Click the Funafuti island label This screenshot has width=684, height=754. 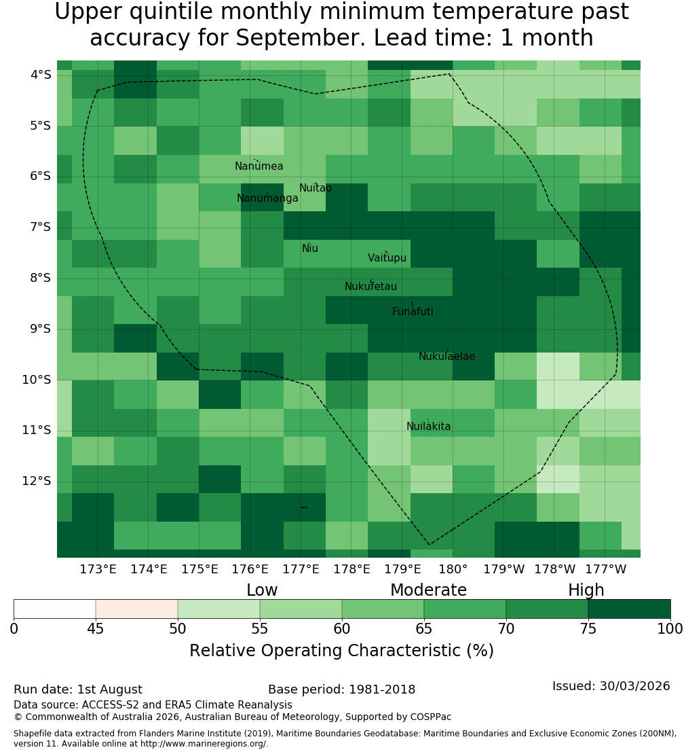pyautogui.click(x=413, y=312)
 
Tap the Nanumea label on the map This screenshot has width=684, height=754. pyautogui.click(x=259, y=166)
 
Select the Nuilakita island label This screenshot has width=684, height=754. pyautogui.click(x=428, y=427)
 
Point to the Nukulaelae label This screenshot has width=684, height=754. pyautogui.click(x=446, y=357)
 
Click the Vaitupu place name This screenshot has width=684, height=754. pyautogui.click(x=387, y=258)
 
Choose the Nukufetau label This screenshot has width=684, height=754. pyautogui.click(x=370, y=287)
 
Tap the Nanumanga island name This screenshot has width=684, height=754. pyautogui.click(x=267, y=198)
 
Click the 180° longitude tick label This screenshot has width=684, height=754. pyautogui.click(x=453, y=569)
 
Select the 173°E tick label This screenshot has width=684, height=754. pyautogui.click(x=98, y=569)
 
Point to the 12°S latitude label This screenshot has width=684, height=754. pyautogui.click(x=37, y=481)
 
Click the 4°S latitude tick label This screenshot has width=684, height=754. pyautogui.click(x=41, y=75)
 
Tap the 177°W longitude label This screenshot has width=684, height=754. pyautogui.click(x=606, y=569)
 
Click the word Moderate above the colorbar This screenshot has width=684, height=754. pyautogui.click(x=428, y=590)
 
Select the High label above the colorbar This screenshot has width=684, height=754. pyautogui.click(x=586, y=590)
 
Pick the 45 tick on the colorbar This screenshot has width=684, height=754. pyautogui.click(x=96, y=629)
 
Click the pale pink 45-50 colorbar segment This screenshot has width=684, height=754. pyautogui.click(x=137, y=609)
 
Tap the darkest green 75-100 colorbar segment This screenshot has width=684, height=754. pyautogui.click(x=629, y=609)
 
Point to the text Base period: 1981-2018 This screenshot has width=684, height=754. pyautogui.click(x=341, y=689)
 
